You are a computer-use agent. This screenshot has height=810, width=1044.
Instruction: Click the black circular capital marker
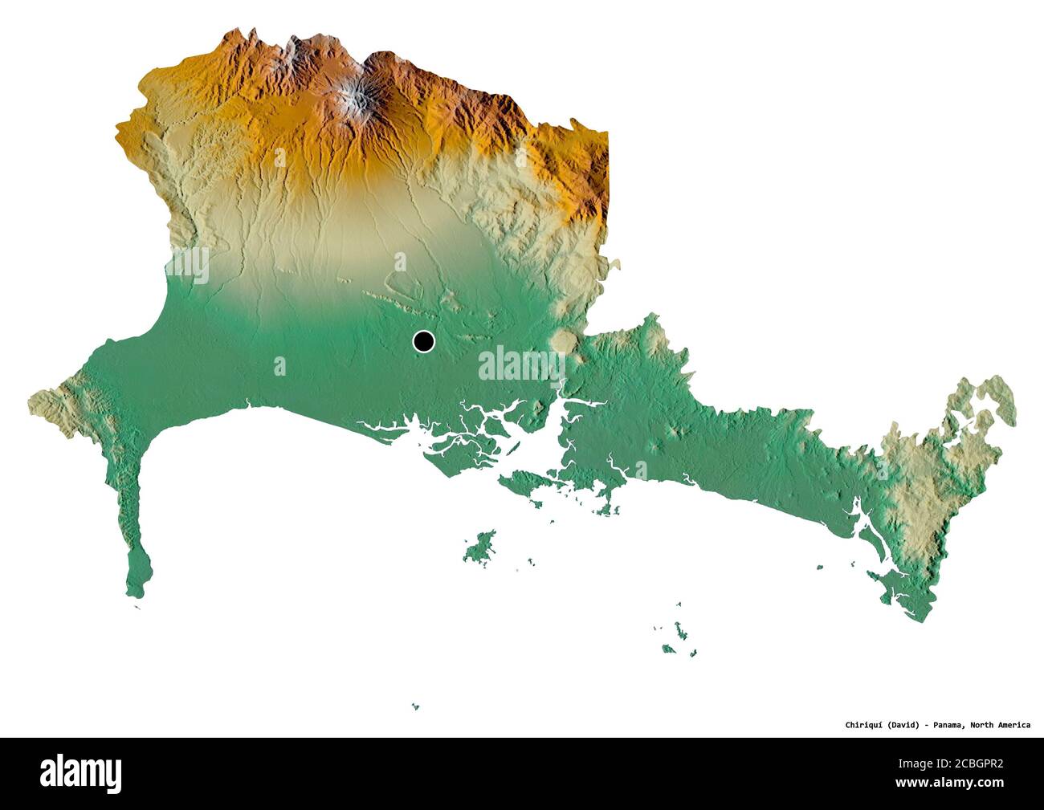[423, 342]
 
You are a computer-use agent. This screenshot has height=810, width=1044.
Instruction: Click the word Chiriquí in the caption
[864, 725]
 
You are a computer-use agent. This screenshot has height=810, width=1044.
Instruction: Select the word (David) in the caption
[904, 725]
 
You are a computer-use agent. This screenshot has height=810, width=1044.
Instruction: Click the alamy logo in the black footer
[81, 773]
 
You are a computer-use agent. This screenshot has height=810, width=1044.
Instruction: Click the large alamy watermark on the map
[522, 364]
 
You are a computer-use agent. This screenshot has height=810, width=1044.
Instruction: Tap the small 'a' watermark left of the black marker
[279, 367]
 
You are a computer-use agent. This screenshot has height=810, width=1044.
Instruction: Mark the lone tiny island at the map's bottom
[415, 706]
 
